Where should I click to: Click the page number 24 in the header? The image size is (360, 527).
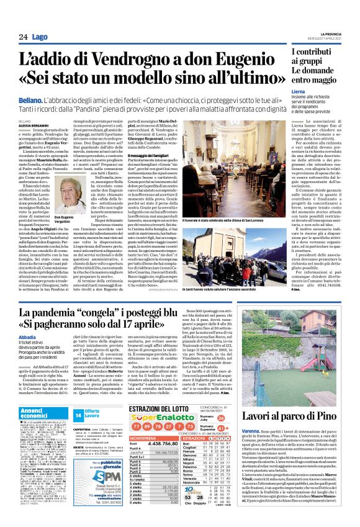(x=23, y=37)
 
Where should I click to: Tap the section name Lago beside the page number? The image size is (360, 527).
(x=40, y=37)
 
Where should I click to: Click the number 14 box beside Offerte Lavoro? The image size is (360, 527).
(x=79, y=414)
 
